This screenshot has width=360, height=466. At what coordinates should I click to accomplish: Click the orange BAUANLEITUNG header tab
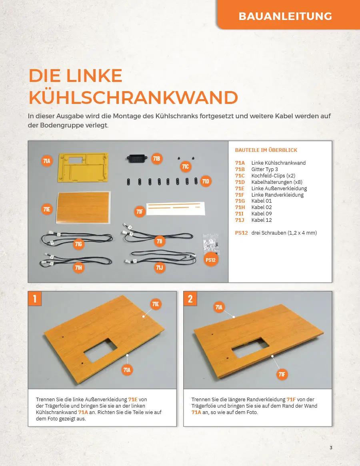288,14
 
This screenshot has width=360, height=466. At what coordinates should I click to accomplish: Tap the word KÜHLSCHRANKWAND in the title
133,97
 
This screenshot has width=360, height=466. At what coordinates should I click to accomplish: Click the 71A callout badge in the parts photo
47,161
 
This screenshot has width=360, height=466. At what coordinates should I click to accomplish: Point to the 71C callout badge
185,166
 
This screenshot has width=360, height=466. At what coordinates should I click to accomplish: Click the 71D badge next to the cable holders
206,181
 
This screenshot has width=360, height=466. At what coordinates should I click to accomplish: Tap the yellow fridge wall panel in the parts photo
83,167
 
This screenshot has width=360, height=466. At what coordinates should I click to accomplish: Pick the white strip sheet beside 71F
176,208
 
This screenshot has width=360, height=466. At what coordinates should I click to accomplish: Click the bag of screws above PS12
211,244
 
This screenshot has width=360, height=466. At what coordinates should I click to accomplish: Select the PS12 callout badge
211,260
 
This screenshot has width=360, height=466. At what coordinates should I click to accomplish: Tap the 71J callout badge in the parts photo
160,267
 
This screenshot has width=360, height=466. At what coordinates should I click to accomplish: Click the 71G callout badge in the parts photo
78,244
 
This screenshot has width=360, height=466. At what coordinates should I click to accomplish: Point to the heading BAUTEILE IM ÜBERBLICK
266,150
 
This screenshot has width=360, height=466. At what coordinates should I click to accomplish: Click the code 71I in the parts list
239,214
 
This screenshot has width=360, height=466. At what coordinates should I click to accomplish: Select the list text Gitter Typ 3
264,169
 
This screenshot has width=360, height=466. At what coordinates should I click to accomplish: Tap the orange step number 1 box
35,299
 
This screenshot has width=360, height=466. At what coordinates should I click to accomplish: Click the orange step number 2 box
190,299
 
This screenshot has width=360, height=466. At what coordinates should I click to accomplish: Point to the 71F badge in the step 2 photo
282,374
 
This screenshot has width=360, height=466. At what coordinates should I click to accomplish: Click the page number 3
331,448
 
